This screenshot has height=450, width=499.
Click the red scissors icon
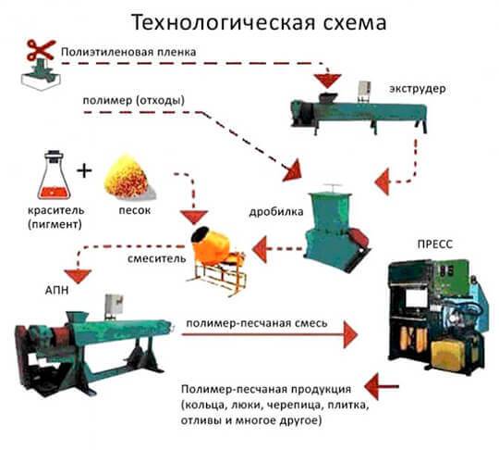(41, 50)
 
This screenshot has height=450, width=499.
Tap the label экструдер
(417, 89)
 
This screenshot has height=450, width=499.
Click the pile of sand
(129, 176)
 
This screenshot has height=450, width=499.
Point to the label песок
(135, 210)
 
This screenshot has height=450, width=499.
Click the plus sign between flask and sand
(84, 170)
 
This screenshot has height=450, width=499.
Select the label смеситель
(156, 258)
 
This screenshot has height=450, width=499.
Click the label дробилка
(276, 212)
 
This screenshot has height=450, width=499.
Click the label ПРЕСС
(434, 244)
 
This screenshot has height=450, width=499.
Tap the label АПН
(56, 291)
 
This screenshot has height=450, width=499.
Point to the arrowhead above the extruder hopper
(327, 81)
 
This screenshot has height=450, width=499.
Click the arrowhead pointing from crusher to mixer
(259, 249)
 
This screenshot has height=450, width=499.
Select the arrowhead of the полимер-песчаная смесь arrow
(351, 334)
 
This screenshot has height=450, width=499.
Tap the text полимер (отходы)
(134, 101)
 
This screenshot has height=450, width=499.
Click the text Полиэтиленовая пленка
(128, 52)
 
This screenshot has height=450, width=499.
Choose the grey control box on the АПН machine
(114, 306)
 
